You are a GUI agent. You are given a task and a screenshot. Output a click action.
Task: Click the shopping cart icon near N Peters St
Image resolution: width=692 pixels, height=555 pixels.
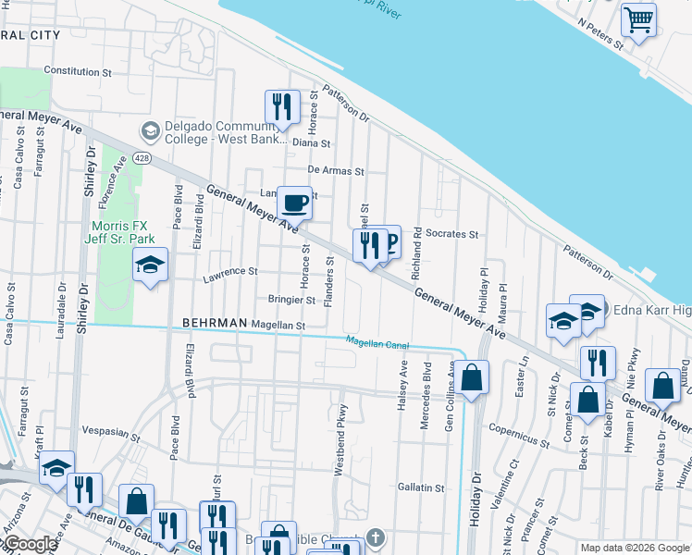coord(637,18)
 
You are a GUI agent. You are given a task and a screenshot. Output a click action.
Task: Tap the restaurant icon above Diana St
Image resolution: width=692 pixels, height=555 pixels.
coord(281,105)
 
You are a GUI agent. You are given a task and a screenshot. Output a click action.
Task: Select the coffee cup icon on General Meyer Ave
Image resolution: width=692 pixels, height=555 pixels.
coord(294,202)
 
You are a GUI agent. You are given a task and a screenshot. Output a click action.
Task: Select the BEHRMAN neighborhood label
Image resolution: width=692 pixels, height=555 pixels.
coord(216,323)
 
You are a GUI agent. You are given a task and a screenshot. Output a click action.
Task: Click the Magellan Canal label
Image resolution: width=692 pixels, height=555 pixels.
coord(377,342)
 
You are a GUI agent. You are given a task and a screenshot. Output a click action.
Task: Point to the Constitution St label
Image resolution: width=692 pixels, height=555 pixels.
coord(78,70)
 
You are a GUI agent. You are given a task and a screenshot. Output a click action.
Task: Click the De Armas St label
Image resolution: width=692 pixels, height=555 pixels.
coord(336,171)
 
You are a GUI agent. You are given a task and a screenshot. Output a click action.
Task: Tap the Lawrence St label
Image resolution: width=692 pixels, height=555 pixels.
coord(229,272)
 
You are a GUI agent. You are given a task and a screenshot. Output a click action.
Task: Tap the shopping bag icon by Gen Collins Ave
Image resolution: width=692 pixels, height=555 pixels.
coord(471,376)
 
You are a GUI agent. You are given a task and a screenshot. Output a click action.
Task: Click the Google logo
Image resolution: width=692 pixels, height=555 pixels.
coord(30,545)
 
